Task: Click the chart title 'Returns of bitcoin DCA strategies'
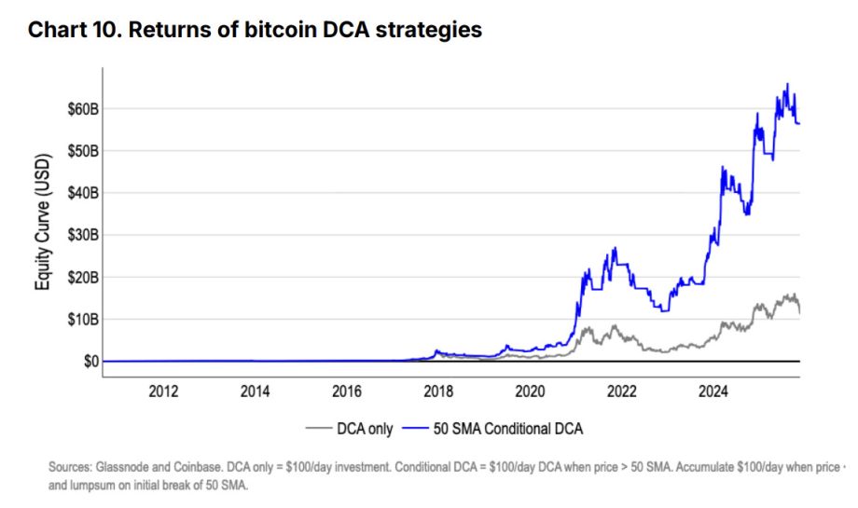[x=255, y=30]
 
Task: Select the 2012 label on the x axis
[x=163, y=391]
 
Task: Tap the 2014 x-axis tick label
[x=255, y=391]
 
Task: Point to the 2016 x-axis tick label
[x=347, y=391]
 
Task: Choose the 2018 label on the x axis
[x=438, y=391]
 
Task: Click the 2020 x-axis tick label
[x=530, y=391]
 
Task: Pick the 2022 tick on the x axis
[x=622, y=391]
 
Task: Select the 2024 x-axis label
[x=713, y=391]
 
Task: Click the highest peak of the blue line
[x=788, y=84]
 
